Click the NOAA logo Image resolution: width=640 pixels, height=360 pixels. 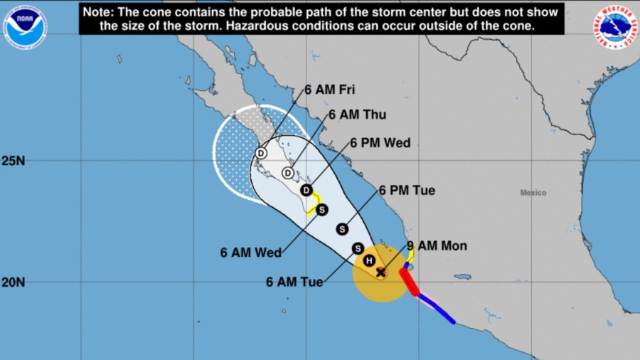point(25,26)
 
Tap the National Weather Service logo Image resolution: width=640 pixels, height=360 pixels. point(614,26)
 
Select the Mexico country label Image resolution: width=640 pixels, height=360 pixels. point(533,193)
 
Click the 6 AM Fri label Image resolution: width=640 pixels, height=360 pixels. point(329,90)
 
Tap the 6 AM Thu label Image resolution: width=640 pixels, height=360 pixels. point(356,114)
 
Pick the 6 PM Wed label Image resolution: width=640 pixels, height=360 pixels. point(380,143)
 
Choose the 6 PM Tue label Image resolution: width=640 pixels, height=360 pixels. point(407,190)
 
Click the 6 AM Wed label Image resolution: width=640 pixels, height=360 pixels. point(251,251)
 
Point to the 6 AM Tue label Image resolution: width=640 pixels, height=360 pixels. point(294,282)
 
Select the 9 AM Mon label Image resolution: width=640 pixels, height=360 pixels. point(437,246)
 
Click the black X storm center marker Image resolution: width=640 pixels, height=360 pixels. point(380,272)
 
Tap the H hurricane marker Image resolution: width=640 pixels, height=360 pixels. point(369,260)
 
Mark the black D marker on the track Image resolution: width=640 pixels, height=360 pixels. point(306,190)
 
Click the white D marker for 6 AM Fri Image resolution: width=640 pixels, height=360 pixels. point(261,153)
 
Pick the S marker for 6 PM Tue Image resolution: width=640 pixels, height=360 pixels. point(342,228)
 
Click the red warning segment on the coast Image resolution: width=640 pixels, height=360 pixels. point(410,282)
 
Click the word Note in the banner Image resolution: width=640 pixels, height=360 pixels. point(98,12)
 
